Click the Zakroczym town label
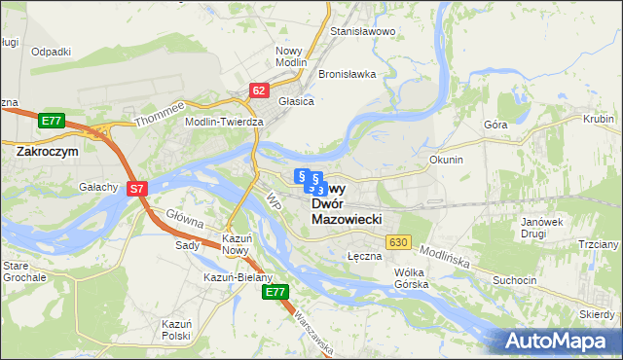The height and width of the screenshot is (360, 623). coord(48,152)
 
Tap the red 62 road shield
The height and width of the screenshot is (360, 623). coord(258,90)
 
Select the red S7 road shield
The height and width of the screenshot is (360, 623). coord(137,189)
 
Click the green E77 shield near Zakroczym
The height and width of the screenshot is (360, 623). coord(52,121)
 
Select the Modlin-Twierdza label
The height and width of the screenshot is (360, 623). coord(225,122)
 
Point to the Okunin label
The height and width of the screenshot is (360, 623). coord(446,159)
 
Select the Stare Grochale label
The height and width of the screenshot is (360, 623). coord(23,271)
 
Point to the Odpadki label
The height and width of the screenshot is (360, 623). coord(51,52)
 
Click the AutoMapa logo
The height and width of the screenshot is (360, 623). coord(560,341)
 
